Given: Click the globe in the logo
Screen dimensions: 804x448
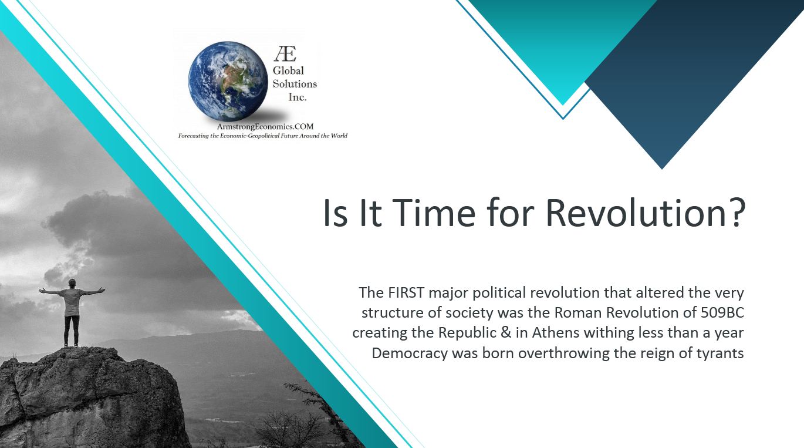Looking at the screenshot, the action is coord(228,81).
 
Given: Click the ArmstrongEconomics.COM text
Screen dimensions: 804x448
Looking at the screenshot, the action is coord(265,126).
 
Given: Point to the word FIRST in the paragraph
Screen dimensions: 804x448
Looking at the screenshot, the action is coord(406,293).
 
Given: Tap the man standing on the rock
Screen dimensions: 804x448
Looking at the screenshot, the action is coord(72,312).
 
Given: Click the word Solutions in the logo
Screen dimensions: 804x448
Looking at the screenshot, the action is coord(295,84).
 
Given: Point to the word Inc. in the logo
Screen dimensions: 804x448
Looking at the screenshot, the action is coord(297,97).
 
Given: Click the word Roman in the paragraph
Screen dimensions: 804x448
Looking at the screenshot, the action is coord(578,313).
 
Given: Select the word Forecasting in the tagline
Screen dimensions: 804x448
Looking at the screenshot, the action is coord(193,136).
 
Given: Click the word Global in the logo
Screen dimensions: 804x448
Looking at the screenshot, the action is coord(288,70).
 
